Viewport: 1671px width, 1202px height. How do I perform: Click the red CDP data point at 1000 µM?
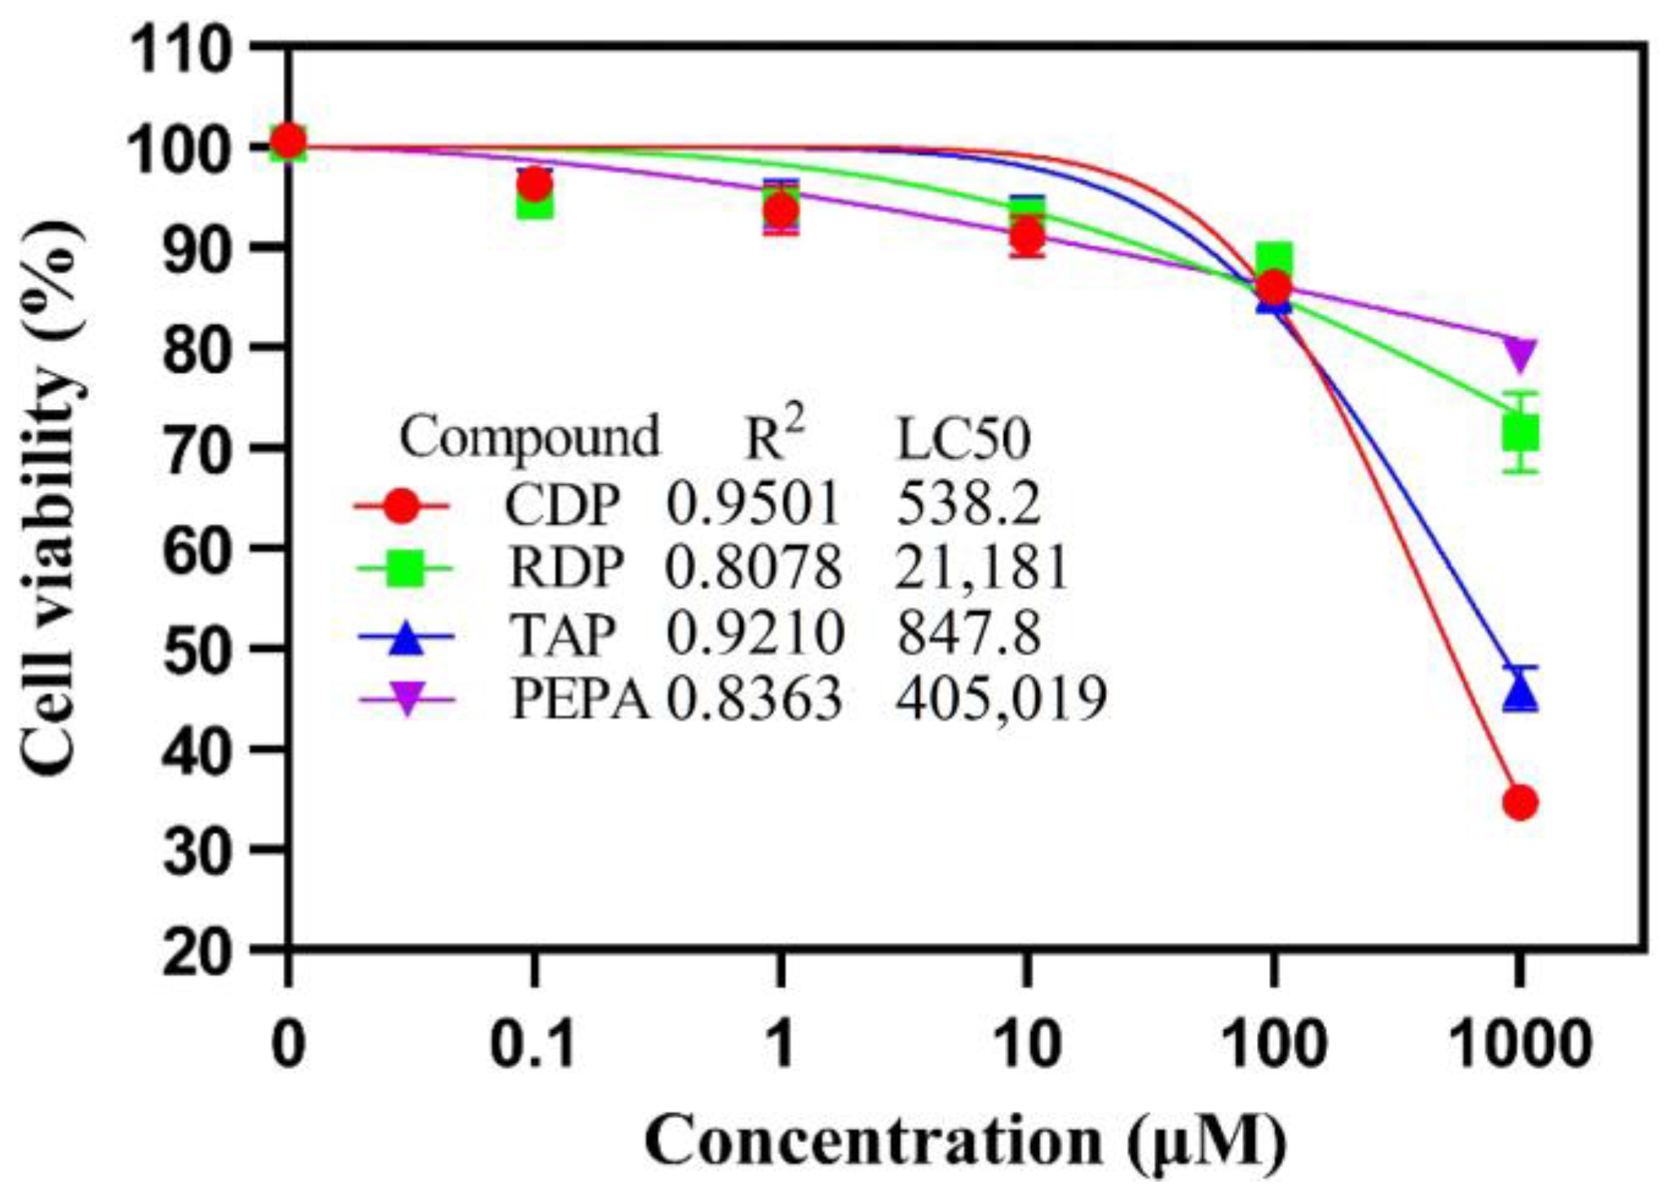click(1520, 803)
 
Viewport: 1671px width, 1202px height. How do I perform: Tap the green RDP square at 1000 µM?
click(1520, 433)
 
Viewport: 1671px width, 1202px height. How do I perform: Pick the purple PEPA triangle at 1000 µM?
click(1520, 353)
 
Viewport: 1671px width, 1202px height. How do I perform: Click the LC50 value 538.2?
click(968, 504)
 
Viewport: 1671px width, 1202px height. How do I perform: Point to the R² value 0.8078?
click(753, 568)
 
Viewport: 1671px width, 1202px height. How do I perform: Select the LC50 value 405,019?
click(1001, 698)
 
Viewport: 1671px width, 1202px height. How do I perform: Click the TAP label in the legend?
click(563, 635)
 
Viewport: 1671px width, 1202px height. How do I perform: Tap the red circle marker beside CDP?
click(402, 506)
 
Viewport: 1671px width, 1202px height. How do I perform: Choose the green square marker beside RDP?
click(403, 568)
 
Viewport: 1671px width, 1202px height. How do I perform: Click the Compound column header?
click(529, 437)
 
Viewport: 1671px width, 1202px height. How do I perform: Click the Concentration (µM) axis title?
click(966, 1143)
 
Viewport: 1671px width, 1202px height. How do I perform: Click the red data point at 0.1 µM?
click(534, 185)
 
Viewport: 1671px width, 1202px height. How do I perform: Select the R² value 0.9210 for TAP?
click(755, 635)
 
